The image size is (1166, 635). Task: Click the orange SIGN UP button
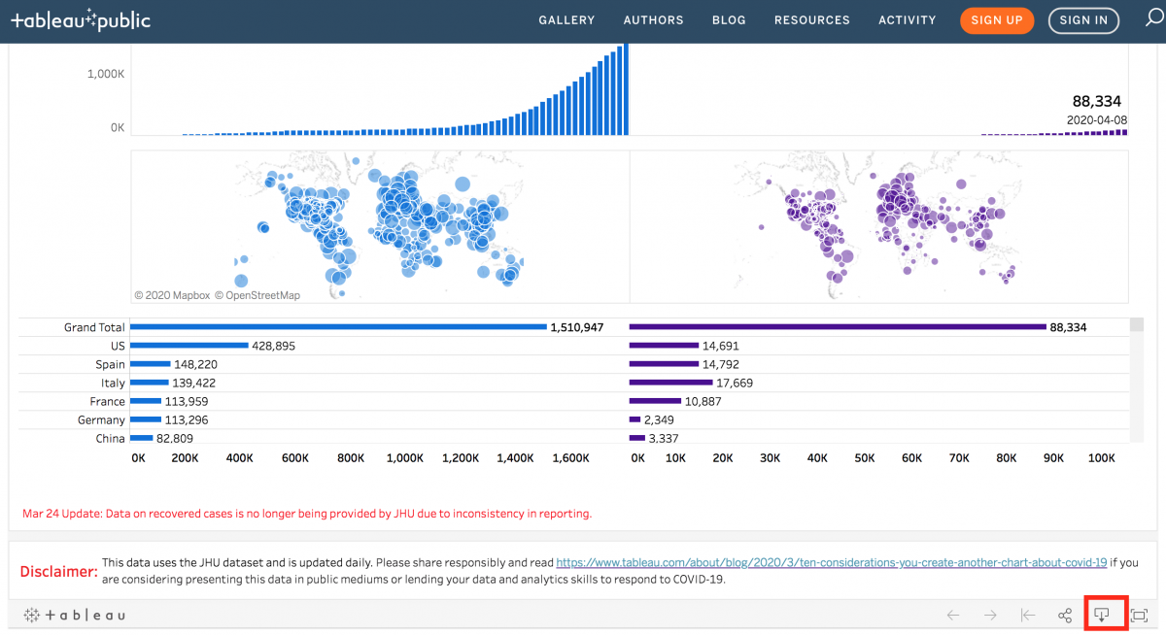point(997,20)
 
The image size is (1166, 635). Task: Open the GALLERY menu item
point(566,20)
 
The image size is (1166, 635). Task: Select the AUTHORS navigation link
point(653,20)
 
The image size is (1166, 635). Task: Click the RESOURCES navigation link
point(811,20)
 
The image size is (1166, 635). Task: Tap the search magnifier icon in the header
point(1152,19)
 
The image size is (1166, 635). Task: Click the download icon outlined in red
point(1102,615)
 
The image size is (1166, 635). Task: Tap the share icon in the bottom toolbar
point(1065,616)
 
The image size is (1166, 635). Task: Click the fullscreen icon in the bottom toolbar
point(1139,616)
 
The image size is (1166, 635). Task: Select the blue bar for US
point(189,346)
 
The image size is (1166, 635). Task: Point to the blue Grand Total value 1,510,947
point(577,328)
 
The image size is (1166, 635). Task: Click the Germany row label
point(101,420)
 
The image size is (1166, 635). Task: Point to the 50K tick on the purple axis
point(864,458)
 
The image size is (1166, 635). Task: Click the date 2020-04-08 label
point(1096,119)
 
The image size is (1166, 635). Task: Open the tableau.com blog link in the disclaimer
point(831,562)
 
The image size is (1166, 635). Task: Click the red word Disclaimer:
point(58,571)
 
